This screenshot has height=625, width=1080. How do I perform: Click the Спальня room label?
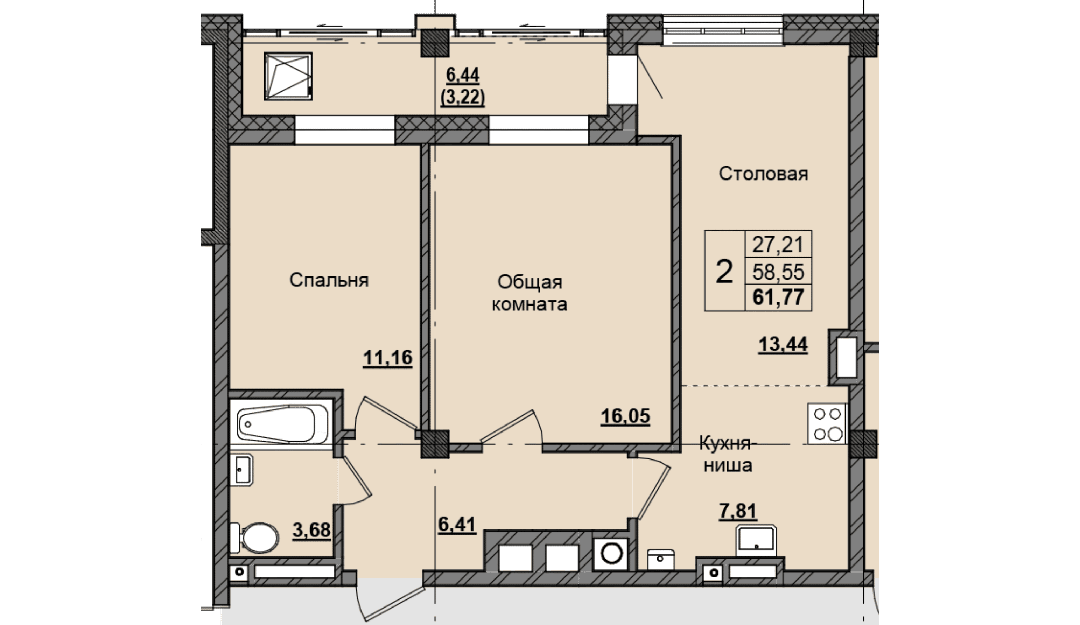(x=329, y=280)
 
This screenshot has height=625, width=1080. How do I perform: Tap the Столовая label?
(x=763, y=174)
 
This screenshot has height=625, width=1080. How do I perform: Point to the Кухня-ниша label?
(x=727, y=454)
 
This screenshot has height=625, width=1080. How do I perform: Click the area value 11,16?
(x=387, y=358)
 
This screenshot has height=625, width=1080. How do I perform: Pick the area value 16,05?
(x=625, y=416)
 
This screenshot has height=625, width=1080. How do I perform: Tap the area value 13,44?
(x=783, y=344)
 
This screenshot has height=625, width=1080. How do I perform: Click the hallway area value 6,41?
(x=457, y=524)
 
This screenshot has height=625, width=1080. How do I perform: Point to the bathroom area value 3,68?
(x=311, y=530)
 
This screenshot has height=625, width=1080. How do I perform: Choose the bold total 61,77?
(x=778, y=297)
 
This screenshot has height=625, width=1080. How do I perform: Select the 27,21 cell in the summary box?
(x=778, y=245)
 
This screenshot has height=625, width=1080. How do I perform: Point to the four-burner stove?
(x=827, y=423)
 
